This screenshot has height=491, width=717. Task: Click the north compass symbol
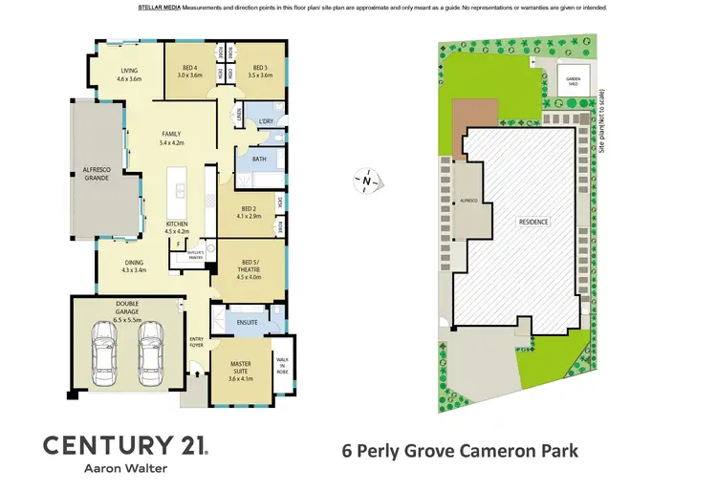tap(365, 179)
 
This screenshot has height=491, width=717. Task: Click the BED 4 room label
tap(191, 71)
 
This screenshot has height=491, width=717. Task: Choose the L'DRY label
tap(267, 122)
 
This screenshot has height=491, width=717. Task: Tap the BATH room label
tap(259, 160)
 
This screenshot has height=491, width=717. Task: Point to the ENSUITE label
tap(250, 322)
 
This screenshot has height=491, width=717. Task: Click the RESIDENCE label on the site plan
tap(533, 223)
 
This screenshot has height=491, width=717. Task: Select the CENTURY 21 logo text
tap(124, 444)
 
